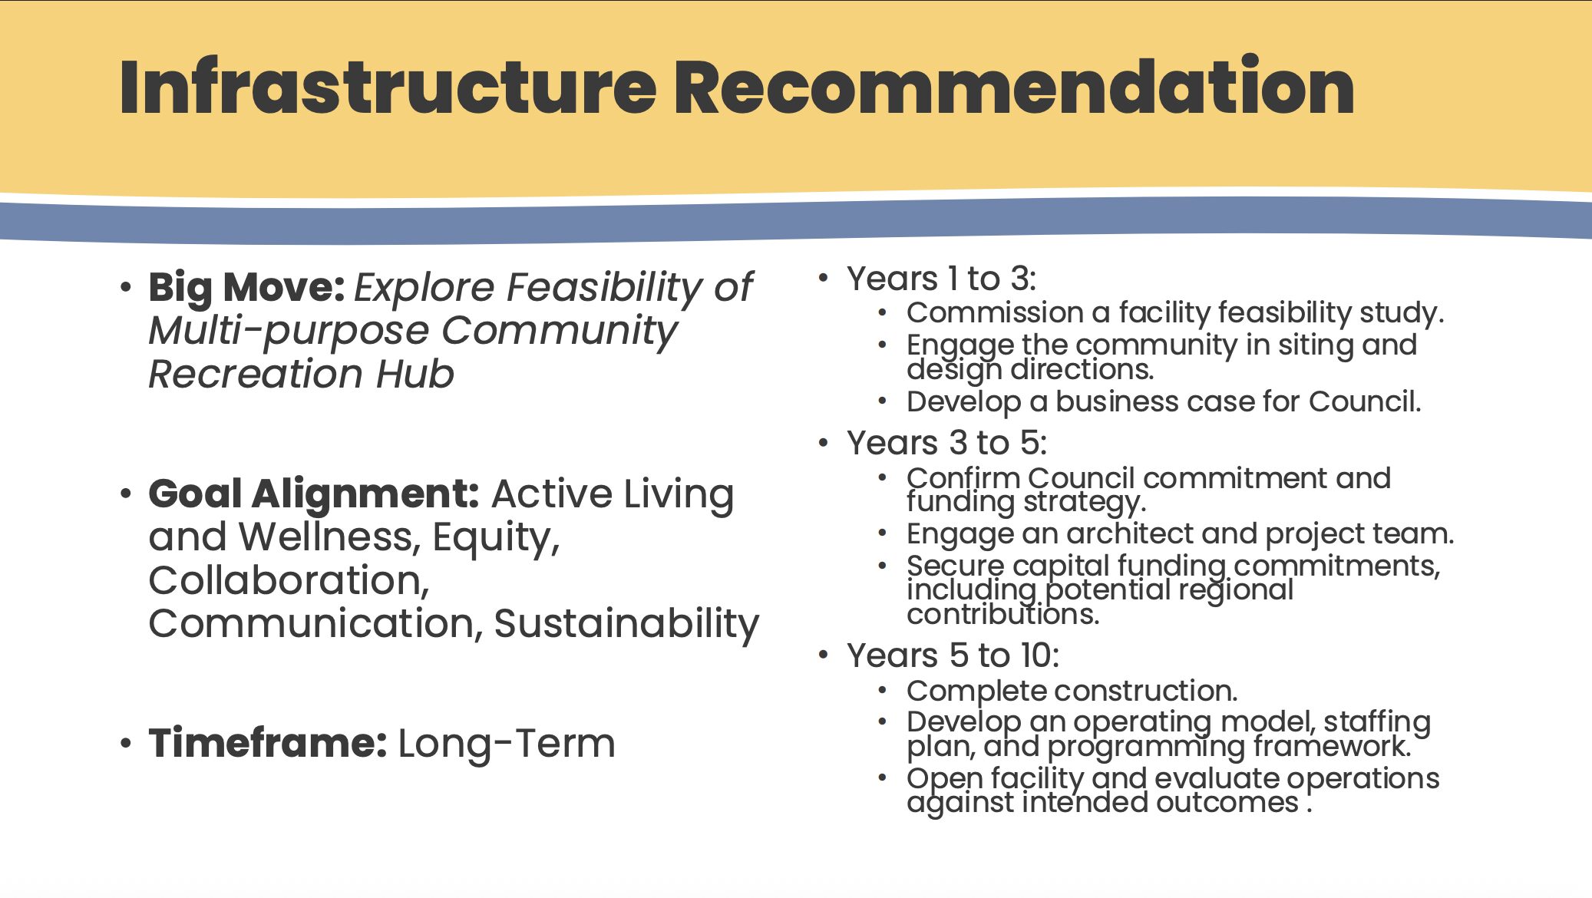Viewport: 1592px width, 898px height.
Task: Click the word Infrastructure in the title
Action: point(388,87)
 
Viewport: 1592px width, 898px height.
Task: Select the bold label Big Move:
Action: point(246,288)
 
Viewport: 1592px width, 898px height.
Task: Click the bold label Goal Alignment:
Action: point(314,494)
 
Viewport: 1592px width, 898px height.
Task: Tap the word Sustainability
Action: point(626,623)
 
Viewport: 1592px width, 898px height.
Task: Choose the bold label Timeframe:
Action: point(268,743)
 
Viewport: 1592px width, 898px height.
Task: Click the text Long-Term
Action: point(507,743)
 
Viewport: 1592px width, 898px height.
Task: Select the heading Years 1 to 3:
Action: point(942,279)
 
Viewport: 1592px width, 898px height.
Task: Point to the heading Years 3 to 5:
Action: point(947,443)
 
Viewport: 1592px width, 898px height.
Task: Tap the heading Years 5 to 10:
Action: point(953,655)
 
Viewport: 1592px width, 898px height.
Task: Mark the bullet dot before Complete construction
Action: point(883,691)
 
